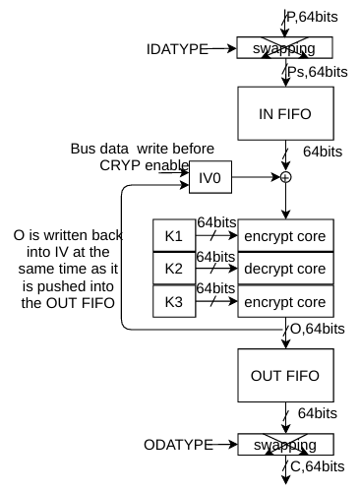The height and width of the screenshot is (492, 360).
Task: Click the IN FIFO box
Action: coord(285,113)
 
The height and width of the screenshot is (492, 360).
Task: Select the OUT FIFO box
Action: coord(285,375)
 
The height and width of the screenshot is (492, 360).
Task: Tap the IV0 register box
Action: coord(210,177)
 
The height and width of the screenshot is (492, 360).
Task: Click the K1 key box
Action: coord(174,235)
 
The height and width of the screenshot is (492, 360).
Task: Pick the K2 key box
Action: coord(174,269)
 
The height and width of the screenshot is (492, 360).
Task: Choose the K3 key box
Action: coord(174,301)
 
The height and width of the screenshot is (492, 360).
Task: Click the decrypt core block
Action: coord(285,269)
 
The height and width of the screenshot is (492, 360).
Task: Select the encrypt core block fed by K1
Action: coord(285,235)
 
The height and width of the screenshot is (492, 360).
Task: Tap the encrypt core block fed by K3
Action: coord(285,301)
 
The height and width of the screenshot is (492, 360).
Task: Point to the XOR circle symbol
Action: coord(286,177)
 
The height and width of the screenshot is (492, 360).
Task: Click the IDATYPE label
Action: coord(177,49)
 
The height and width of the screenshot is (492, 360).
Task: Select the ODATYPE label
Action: coord(178,445)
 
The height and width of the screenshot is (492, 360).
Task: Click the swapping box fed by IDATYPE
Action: coord(285,48)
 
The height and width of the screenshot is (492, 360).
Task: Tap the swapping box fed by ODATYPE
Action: coord(285,445)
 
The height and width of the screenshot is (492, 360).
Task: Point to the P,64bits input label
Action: coord(312,17)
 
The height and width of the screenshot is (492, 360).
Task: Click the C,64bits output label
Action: coord(318,466)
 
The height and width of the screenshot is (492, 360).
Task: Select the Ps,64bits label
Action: coord(318,72)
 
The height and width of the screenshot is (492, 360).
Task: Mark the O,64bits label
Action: coord(318,329)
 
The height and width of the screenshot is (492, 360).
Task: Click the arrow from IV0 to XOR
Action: coord(257,177)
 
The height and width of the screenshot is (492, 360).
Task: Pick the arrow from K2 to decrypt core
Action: coord(216,269)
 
